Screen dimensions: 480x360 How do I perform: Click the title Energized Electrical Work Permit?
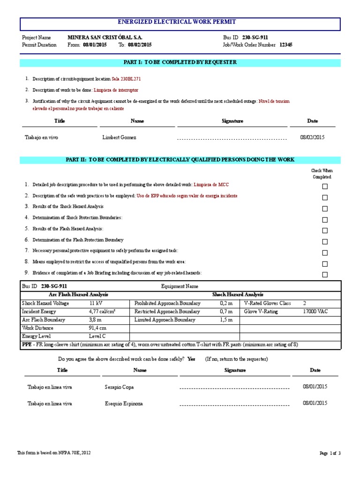(x=180, y=22)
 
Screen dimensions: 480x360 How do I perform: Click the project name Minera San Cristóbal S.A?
(x=105, y=37)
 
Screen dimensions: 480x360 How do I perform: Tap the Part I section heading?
(x=180, y=62)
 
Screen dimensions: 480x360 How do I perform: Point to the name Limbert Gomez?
(x=119, y=138)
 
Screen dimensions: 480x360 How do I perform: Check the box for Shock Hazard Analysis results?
(x=325, y=209)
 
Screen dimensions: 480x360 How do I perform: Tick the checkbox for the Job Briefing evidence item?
(x=325, y=275)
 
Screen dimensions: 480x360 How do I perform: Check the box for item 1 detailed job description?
(x=325, y=187)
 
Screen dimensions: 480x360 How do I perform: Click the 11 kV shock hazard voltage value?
(x=95, y=303)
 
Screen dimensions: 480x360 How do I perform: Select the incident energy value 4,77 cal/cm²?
(x=102, y=311)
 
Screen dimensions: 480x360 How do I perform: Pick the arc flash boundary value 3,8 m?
(x=96, y=320)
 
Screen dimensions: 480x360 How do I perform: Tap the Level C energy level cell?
(x=97, y=337)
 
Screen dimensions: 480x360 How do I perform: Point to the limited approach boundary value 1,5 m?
(x=226, y=320)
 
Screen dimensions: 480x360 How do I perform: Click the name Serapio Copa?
(x=119, y=388)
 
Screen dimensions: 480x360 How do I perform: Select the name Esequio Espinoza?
(x=124, y=404)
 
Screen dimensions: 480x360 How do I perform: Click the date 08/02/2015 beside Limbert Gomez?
(x=312, y=137)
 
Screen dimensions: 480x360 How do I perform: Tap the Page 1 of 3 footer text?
(x=330, y=453)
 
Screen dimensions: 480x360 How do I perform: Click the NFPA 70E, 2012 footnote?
(x=54, y=453)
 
